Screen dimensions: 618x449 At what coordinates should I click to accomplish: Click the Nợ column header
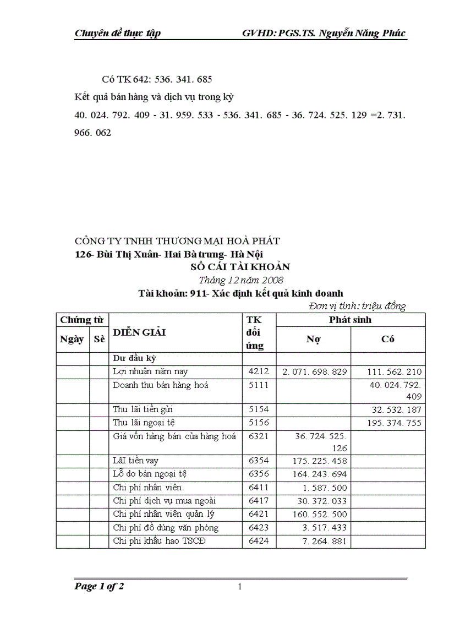tap(313, 340)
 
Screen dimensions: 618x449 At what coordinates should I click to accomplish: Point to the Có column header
tap(387, 340)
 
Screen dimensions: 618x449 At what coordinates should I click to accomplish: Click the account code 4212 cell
tap(259, 372)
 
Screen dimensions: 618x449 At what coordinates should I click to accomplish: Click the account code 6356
tap(259, 474)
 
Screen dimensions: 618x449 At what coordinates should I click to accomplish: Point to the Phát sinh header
tap(351, 320)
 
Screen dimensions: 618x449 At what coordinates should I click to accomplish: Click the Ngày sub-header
tap(72, 340)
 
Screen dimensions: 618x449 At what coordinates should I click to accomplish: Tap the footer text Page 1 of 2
tap(99, 587)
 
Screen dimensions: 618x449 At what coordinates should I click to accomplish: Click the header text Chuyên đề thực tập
tap(117, 34)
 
